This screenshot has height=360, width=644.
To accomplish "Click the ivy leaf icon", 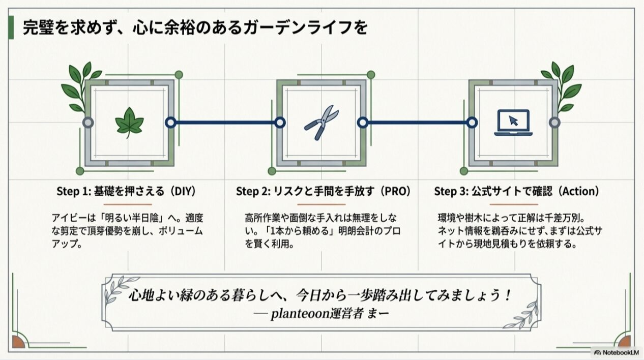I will pos(129,123).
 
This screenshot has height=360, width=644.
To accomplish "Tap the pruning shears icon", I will pos(321,123).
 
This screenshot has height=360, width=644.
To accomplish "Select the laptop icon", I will pos(513,123).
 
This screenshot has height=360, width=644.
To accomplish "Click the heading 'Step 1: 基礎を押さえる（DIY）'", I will pos(126,191).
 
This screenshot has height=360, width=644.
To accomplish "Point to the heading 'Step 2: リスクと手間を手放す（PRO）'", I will pos(323,191).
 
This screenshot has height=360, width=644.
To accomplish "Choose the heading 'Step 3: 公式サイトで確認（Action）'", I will pos(516,191).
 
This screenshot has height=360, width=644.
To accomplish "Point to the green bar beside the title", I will pos(11,28).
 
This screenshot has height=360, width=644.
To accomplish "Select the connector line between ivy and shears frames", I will pos(225,123).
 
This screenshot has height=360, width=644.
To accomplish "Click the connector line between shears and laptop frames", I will pos(417,123).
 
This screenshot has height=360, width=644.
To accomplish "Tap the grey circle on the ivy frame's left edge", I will pos(88,123).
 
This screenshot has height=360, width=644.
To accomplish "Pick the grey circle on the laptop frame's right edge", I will pos(554,123).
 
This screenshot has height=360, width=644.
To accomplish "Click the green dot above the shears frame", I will pos(371,75).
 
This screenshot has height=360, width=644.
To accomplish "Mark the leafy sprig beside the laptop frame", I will pos(562,86).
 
